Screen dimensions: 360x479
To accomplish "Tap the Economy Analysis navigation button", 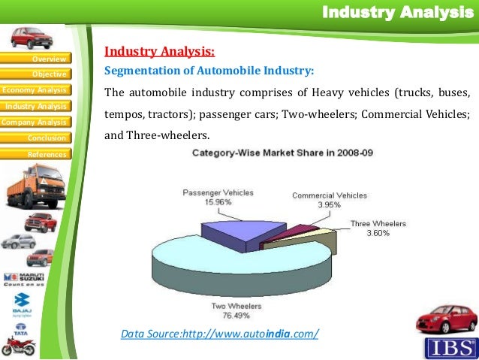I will point(35,90).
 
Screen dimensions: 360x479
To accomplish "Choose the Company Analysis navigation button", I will point(35,122).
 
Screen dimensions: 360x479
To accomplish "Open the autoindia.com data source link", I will point(219,333).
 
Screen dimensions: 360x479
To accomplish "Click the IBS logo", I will point(450,348).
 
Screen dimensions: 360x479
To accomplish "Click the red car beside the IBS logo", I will point(446,319).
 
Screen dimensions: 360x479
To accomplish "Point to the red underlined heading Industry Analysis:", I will point(159,52).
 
